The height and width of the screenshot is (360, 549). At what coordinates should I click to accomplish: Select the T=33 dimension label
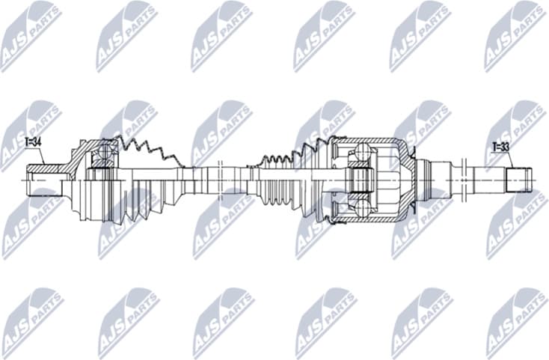[500, 147]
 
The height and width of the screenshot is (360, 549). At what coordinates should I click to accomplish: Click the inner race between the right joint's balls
[362, 180]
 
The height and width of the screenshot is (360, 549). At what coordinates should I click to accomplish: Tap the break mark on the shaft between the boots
[221, 180]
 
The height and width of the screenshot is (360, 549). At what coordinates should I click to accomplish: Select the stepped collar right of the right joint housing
[423, 179]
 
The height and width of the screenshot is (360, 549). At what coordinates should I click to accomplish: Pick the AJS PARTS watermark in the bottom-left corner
[30, 323]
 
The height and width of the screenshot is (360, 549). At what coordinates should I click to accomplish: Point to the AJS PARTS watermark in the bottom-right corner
[517, 323]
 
